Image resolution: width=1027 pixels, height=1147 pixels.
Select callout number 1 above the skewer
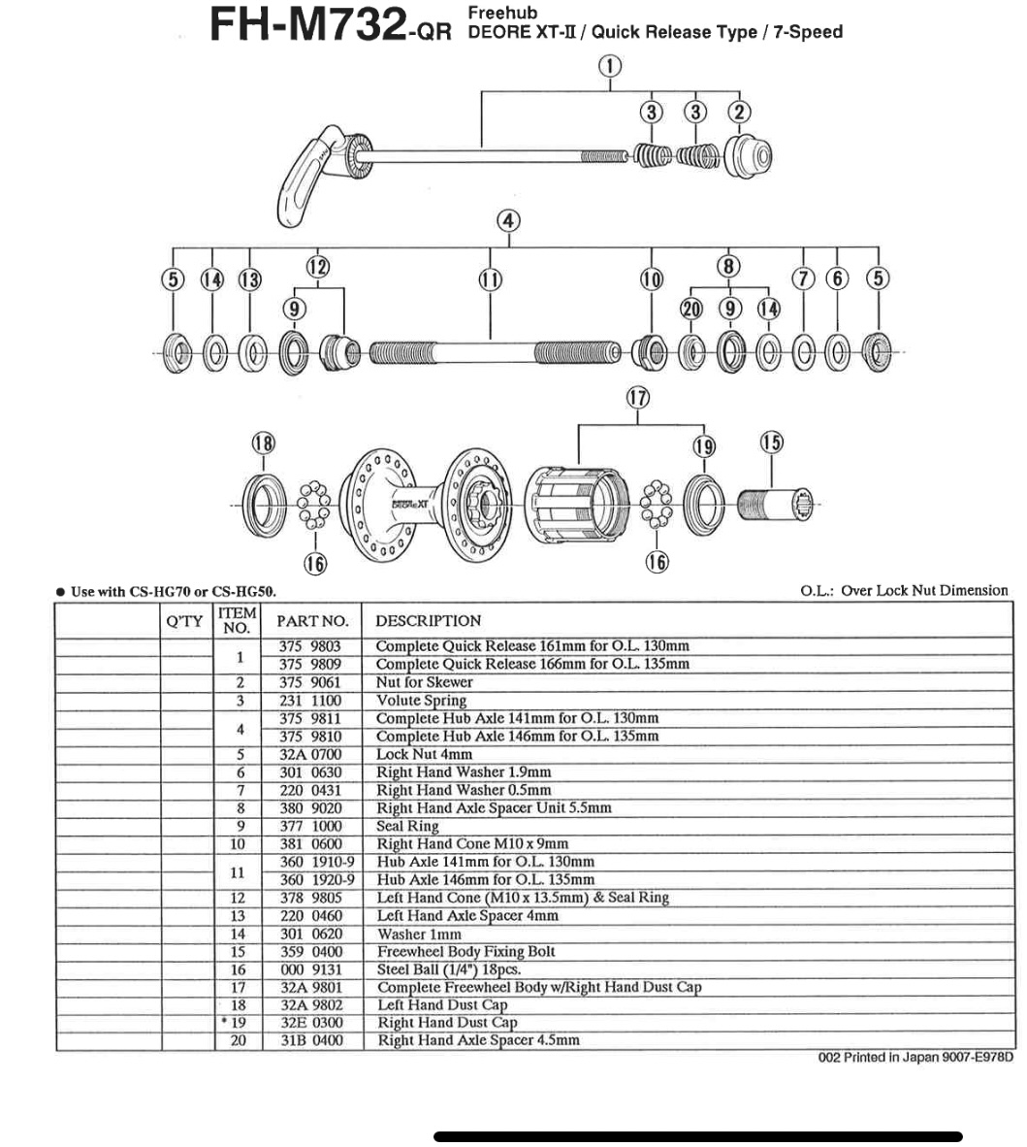coord(610,66)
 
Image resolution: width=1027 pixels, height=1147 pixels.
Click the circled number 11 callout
coord(491,279)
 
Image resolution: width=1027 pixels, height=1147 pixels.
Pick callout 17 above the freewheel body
coord(637,397)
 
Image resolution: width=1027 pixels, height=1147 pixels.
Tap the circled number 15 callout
coord(771,442)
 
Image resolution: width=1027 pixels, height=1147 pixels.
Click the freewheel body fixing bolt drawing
coord(775,505)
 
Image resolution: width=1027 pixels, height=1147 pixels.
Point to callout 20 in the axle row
coord(690,309)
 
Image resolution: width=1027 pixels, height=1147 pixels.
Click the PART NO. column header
coord(311,621)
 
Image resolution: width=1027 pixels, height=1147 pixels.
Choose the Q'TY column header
coord(186,621)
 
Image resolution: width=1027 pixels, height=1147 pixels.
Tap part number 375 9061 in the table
coord(310,682)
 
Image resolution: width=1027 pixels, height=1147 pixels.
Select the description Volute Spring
coord(421,701)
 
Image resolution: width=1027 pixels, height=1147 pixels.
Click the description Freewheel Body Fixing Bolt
coord(465,952)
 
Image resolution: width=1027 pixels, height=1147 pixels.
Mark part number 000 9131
coord(310,969)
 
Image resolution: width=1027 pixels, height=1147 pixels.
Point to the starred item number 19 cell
coord(237,1023)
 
